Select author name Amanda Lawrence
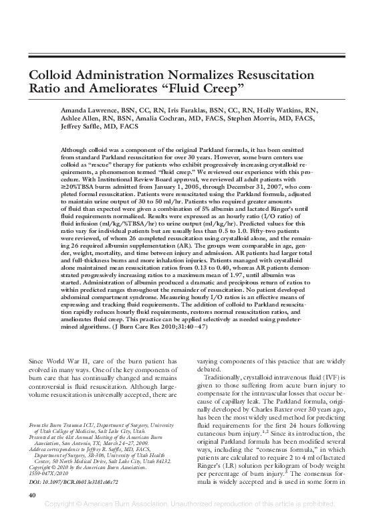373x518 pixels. [x=84, y=110]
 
